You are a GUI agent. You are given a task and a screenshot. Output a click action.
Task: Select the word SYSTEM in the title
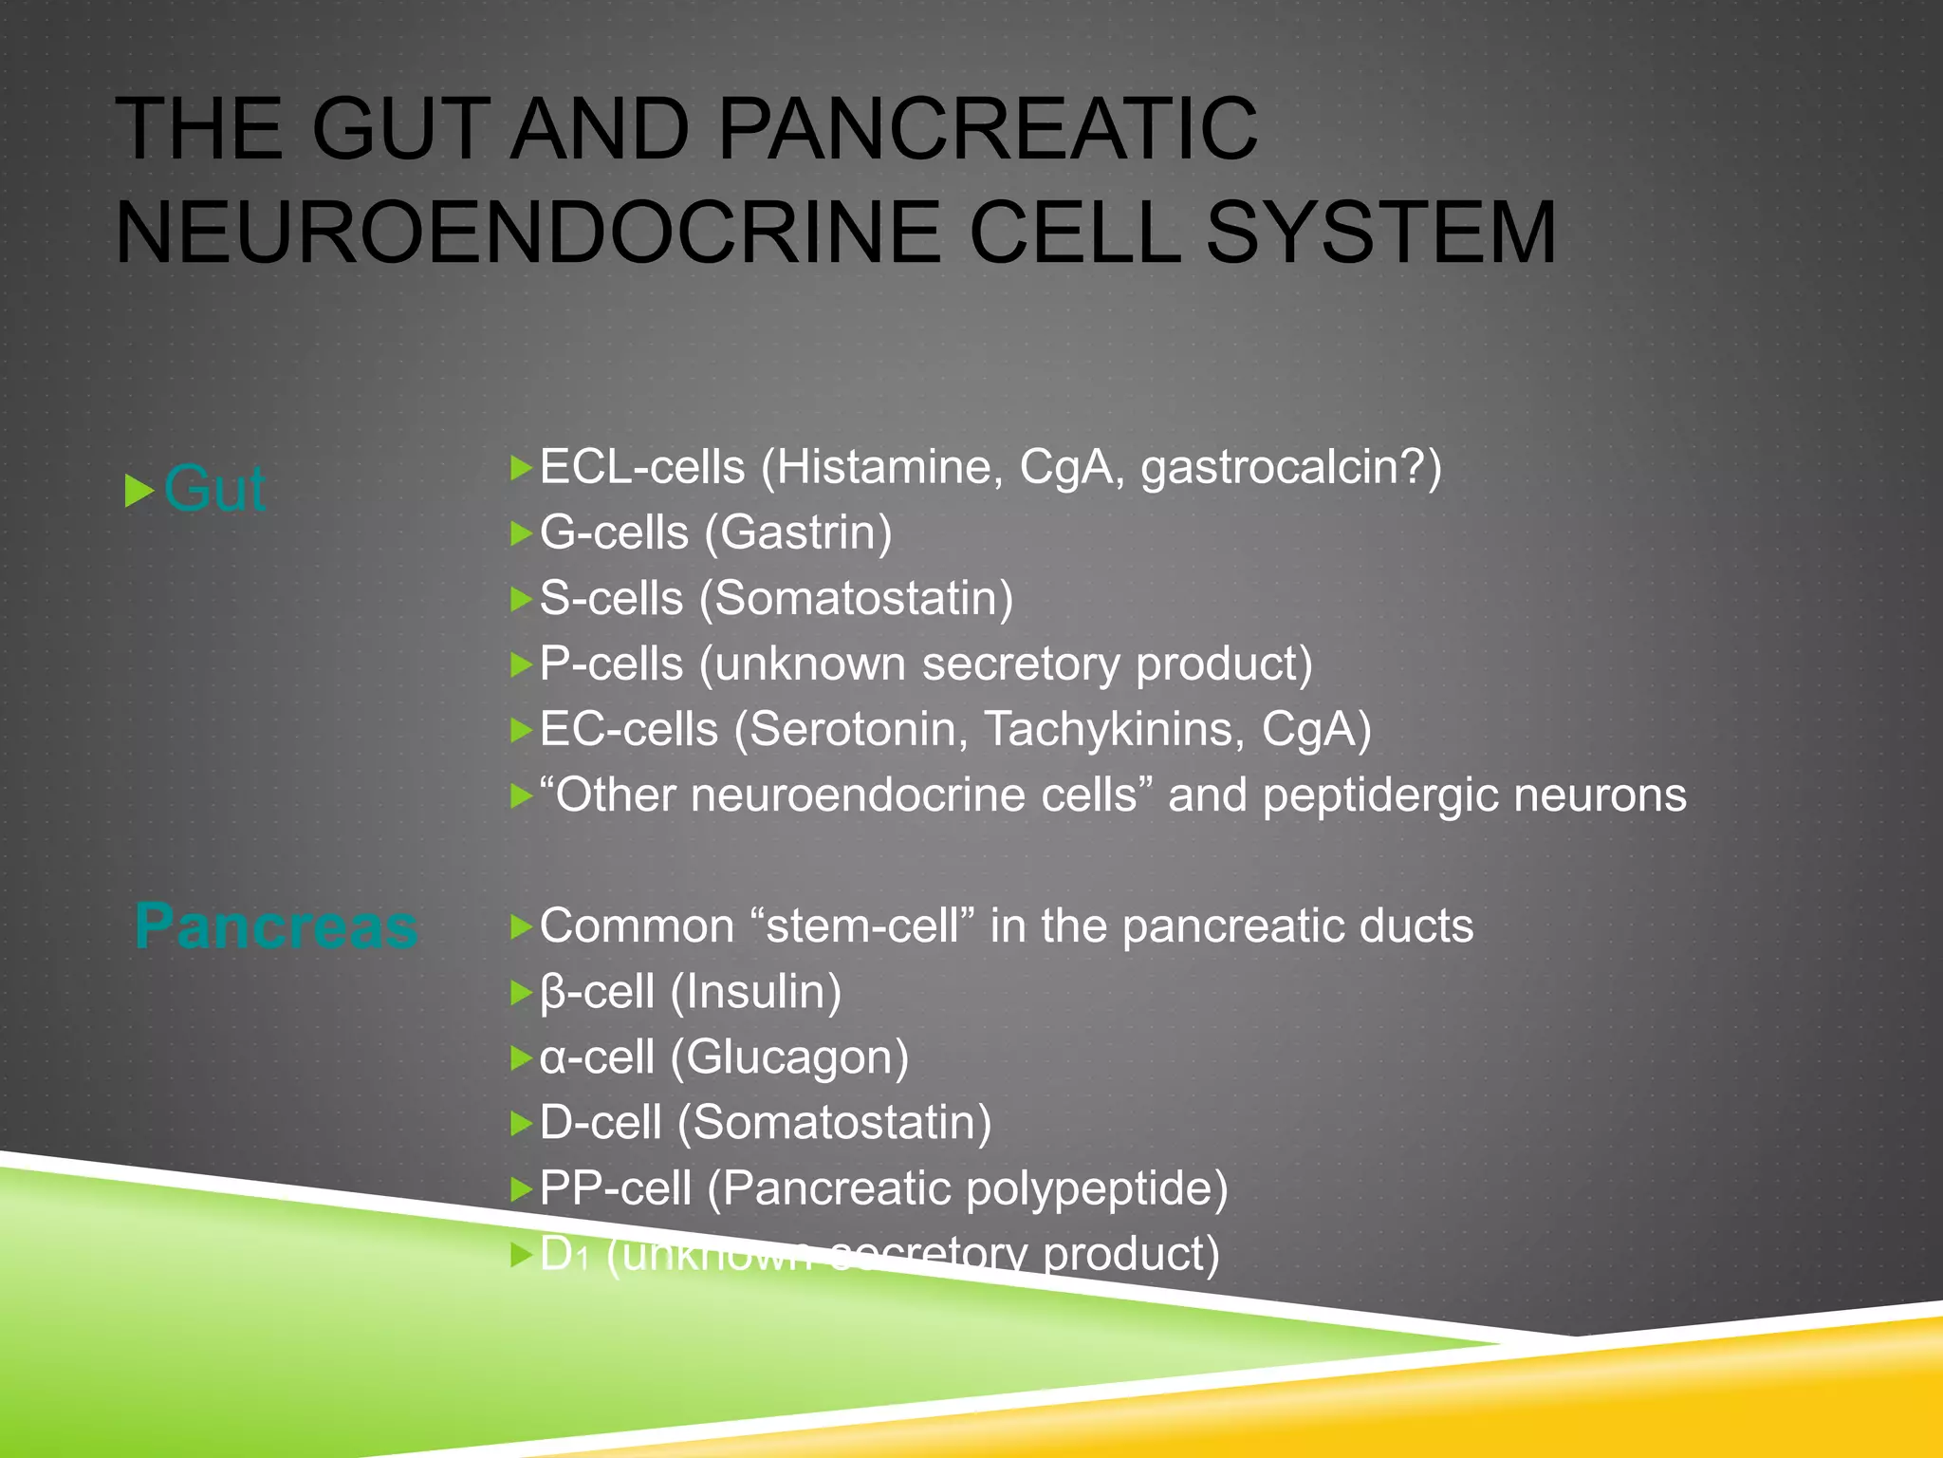1380,233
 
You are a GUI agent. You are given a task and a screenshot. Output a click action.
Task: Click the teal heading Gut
214,490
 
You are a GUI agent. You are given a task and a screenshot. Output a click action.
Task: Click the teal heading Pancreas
276,925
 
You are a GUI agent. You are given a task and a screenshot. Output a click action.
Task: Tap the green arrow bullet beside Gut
139,491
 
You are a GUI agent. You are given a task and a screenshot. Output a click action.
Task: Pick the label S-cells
611,598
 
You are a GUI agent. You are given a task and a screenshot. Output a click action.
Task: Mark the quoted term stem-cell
862,925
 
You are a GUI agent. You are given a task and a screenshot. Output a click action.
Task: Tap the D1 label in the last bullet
564,1254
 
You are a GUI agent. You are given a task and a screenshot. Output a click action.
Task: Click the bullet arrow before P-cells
521,664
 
